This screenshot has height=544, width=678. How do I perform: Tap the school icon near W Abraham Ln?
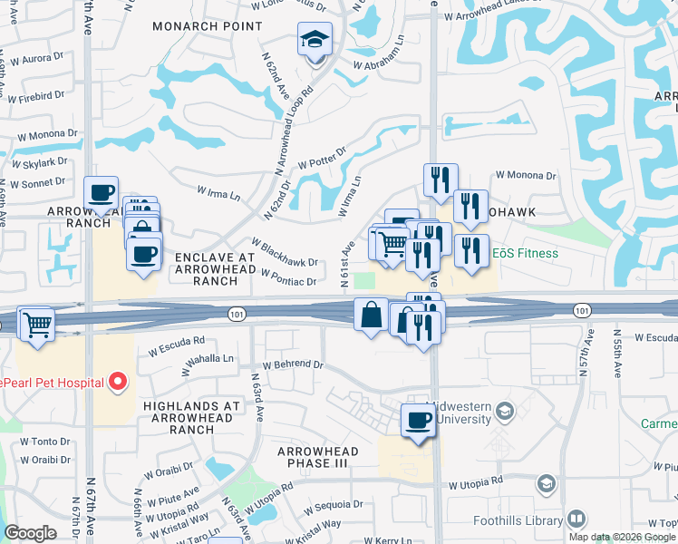[x=315, y=40]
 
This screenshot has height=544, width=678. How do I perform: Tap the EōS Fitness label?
[x=526, y=253]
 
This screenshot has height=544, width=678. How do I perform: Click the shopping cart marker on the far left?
[x=37, y=324]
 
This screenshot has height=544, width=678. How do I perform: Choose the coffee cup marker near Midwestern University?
[x=418, y=421]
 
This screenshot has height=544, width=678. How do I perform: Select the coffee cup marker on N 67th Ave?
[x=101, y=193]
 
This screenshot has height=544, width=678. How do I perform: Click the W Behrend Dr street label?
[x=293, y=364]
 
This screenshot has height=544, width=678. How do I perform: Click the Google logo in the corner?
[x=30, y=533]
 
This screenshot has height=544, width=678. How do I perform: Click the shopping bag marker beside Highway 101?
[x=373, y=315]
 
